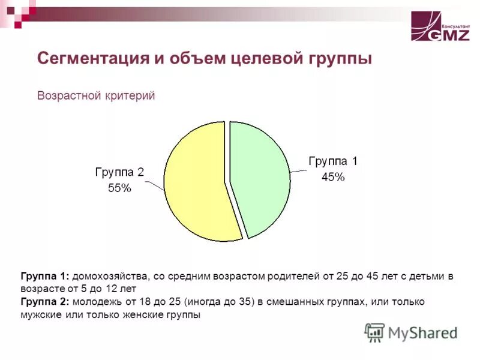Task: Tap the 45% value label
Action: click(x=332, y=177)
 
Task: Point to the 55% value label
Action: click(x=119, y=188)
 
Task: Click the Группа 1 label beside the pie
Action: click(x=332, y=161)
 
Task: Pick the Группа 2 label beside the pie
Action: click(x=119, y=172)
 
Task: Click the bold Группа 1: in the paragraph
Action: click(x=45, y=276)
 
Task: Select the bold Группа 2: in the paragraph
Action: click(x=45, y=302)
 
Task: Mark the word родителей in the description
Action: click(x=286, y=276)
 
